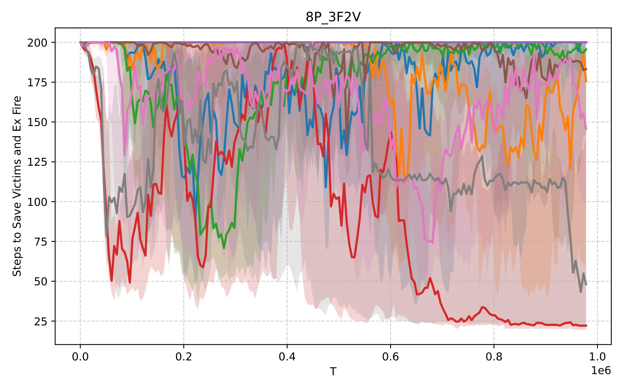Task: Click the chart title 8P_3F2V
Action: [x=333, y=17]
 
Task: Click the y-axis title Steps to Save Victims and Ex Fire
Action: [x=17, y=186]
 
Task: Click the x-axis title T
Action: [x=333, y=371]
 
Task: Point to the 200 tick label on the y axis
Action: [x=37, y=43]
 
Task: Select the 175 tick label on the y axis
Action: [x=37, y=82]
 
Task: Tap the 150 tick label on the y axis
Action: [x=37, y=122]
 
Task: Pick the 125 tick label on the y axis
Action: [x=37, y=162]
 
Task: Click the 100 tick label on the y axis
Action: [x=37, y=202]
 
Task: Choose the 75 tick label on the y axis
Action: [x=41, y=242]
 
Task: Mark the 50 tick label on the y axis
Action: [x=41, y=281]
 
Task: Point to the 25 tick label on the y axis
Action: [x=41, y=321]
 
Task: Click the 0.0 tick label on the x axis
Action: [x=80, y=357]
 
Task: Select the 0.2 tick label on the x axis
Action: [x=184, y=357]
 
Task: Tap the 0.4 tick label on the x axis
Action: [x=287, y=357]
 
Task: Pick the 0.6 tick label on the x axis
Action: [x=390, y=357]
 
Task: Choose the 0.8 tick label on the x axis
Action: [x=494, y=357]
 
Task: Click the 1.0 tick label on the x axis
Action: [x=597, y=357]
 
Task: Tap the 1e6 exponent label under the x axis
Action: [x=601, y=370]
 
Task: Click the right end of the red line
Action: [x=587, y=326]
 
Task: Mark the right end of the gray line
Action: [x=587, y=284]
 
